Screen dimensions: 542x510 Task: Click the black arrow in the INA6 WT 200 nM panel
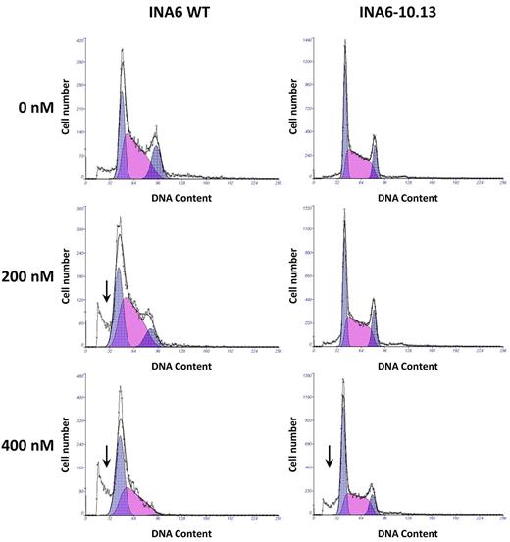(106, 290)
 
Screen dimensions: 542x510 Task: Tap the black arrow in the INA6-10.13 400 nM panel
(330, 456)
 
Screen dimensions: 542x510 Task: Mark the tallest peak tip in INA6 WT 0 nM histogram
(122, 51)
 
